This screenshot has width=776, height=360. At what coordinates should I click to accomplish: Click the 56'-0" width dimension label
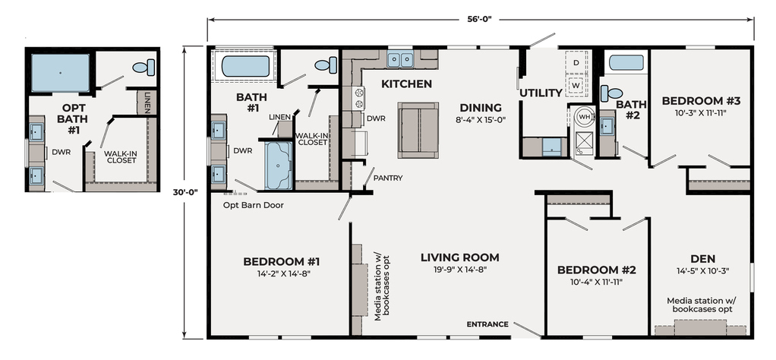(x=480, y=19)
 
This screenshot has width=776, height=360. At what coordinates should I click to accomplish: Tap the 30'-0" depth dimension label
(x=185, y=193)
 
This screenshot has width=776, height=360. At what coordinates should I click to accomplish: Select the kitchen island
(x=418, y=130)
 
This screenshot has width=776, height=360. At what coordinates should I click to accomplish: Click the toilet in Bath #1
(x=326, y=65)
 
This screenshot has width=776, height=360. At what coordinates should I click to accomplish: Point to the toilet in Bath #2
(x=611, y=93)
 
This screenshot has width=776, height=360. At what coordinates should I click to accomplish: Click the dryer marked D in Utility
(x=576, y=62)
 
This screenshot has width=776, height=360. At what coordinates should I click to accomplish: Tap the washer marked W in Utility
(x=576, y=85)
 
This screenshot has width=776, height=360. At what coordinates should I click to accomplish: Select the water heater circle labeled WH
(x=585, y=118)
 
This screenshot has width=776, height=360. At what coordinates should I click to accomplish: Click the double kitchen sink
(x=400, y=59)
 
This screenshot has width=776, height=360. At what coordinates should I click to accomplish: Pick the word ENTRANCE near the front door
(x=487, y=324)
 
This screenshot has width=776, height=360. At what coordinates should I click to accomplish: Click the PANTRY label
(x=388, y=178)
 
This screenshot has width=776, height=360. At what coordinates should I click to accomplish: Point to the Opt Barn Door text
(x=254, y=205)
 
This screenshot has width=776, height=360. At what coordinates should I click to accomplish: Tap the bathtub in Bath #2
(x=626, y=62)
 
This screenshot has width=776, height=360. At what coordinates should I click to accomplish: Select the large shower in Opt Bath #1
(x=61, y=73)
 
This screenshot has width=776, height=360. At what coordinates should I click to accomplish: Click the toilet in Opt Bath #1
(x=144, y=68)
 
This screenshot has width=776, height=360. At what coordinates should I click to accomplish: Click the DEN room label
(x=703, y=259)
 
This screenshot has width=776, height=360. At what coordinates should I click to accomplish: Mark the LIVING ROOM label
(x=460, y=257)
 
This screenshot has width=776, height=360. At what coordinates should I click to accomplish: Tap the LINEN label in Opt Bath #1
(x=147, y=102)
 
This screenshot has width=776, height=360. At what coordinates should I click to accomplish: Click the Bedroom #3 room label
(x=702, y=101)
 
